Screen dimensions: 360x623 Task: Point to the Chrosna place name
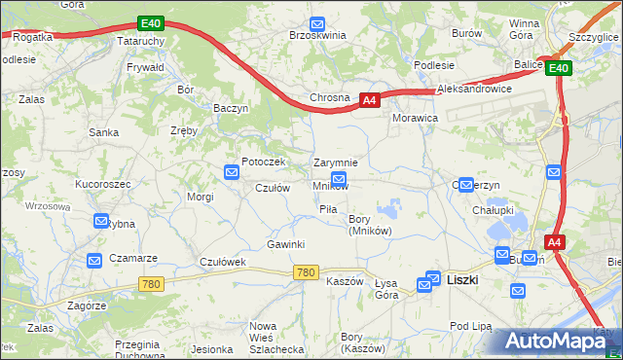click(329, 99)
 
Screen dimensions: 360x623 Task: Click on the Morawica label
click(415, 117)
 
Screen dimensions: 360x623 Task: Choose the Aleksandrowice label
click(475, 89)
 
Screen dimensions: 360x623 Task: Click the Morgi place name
click(201, 197)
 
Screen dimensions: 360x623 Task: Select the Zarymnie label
click(336, 162)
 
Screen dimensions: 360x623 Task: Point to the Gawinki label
click(286, 244)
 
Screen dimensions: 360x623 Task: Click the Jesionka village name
click(211, 348)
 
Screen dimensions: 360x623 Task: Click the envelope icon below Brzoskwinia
click(316, 25)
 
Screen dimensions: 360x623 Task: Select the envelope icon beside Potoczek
click(232, 173)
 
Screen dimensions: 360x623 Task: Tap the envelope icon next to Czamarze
click(94, 260)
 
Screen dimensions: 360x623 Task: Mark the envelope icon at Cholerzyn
click(466, 184)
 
